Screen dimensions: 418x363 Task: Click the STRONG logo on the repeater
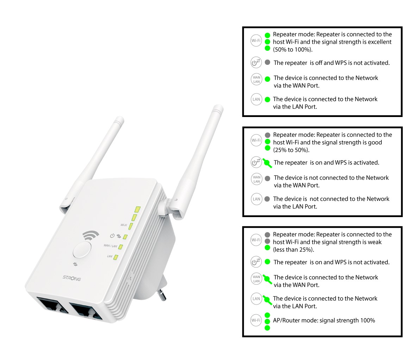tap(72, 278)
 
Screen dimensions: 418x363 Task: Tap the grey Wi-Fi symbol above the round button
tap(91, 235)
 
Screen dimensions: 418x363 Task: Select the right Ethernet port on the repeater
tap(86, 311)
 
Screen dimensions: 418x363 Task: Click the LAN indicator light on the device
tap(116, 257)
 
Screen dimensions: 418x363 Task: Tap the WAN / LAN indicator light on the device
tap(120, 247)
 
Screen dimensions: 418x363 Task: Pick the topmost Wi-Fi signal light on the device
tap(137, 209)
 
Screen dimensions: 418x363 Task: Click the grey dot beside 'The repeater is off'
tap(267, 62)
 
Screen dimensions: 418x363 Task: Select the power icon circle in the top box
tap(256, 62)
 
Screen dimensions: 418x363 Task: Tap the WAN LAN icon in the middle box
tap(257, 179)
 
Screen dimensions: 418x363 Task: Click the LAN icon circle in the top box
tap(256, 99)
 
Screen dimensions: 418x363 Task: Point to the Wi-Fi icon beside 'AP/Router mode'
tap(256, 320)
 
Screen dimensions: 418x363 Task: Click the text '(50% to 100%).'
tap(293, 50)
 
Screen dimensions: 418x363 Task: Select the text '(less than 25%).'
tap(293, 250)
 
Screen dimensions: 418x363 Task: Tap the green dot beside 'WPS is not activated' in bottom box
tap(267, 262)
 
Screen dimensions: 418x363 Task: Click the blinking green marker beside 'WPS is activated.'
tap(267, 163)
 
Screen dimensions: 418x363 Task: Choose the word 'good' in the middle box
tap(375, 143)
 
